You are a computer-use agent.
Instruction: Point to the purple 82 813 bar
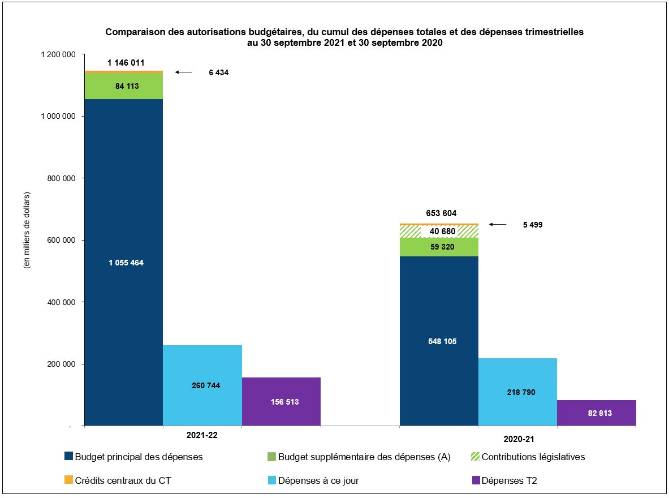pos(596,413)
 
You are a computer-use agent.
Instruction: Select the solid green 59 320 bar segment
pos(439,247)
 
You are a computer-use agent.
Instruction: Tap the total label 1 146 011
pos(126,63)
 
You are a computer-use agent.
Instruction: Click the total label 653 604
pos(441,213)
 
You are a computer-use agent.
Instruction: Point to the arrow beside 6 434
pos(184,72)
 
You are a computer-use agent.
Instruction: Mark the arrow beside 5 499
pos(498,225)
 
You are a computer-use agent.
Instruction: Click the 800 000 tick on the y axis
pos(60,178)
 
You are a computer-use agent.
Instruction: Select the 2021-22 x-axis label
pos(202,436)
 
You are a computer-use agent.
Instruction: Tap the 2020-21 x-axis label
pos(517,439)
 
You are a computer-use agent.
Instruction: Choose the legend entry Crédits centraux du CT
pos(122,480)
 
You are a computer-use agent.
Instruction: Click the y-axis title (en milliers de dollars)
pos(27,230)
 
